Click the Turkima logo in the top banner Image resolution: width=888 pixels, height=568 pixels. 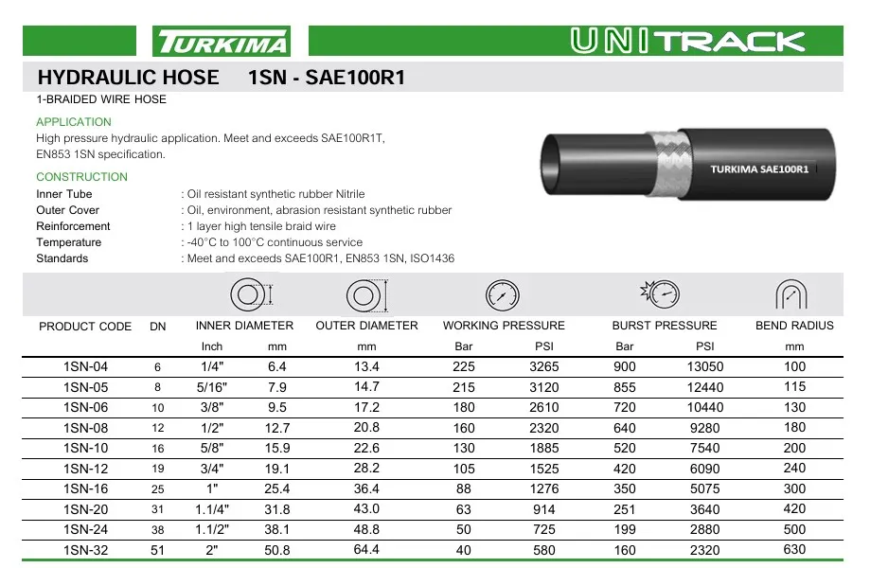[x=222, y=42]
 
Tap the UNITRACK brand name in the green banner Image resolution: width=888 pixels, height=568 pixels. [x=688, y=41]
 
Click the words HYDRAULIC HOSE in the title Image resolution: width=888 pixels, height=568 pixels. [x=127, y=78]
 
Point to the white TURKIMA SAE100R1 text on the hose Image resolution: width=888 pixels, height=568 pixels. [x=759, y=169]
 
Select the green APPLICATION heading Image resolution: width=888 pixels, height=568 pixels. [x=74, y=122]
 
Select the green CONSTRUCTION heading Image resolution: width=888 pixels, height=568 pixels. [x=81, y=177]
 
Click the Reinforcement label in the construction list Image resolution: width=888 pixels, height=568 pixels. [x=73, y=226]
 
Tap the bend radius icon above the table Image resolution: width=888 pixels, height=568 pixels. [x=790, y=294]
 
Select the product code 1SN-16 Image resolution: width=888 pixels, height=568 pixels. [x=85, y=488]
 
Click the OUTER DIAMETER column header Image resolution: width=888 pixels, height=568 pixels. [x=366, y=326]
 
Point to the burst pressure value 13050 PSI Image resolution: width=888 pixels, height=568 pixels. [x=705, y=367]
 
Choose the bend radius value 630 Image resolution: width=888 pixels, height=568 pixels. [x=794, y=549]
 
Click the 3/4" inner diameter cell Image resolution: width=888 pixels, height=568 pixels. [x=212, y=469]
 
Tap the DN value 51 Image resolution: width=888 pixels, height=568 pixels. [x=158, y=550]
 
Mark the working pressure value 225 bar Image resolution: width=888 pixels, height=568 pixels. [x=464, y=367]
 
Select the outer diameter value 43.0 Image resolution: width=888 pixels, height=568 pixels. [x=366, y=509]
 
